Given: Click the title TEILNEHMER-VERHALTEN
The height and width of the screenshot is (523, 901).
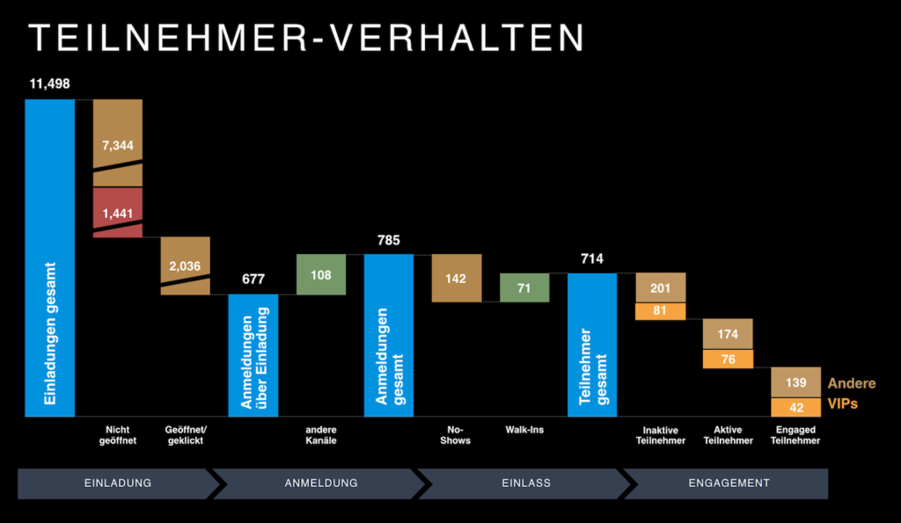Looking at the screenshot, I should (x=306, y=38).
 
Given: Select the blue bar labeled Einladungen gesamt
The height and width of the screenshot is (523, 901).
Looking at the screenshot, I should (x=49, y=257).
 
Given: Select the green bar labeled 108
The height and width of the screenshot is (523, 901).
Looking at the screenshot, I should (x=321, y=274).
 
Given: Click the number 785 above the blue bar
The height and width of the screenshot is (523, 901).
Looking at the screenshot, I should (x=388, y=240).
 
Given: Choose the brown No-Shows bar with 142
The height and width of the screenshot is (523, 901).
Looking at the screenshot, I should (x=456, y=278).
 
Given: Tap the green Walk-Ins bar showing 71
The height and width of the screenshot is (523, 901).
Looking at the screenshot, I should (x=524, y=287).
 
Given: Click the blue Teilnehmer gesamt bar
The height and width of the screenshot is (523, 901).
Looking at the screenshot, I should (x=591, y=345).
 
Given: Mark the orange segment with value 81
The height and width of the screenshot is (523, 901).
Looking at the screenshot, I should (x=660, y=311).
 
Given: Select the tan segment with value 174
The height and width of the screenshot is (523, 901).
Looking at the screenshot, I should (x=728, y=334).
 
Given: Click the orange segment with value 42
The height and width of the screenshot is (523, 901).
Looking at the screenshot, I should (x=795, y=407).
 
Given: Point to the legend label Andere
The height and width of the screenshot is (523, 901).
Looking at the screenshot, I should (x=851, y=384).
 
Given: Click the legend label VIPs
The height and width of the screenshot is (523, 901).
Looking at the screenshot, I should (x=843, y=404).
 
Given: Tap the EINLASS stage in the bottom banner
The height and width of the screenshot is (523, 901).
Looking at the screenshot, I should (x=525, y=483).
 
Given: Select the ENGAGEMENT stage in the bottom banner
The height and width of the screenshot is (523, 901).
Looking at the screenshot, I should (x=729, y=483).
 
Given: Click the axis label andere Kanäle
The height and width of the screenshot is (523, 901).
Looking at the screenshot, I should (x=321, y=435).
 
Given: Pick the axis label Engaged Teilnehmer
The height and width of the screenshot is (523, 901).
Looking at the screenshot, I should (x=795, y=435).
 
